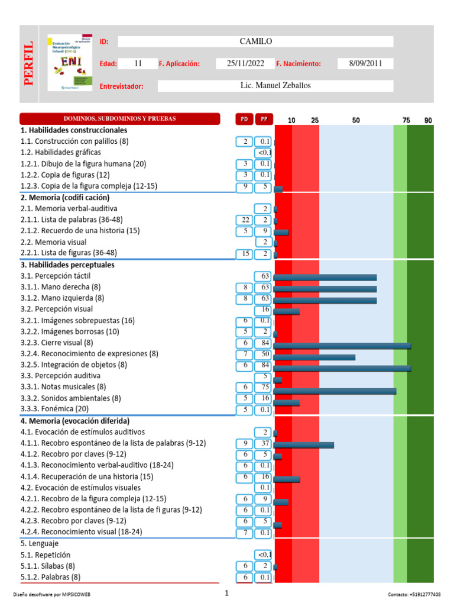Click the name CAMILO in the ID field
coord(255,41)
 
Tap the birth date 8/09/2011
coord(365,63)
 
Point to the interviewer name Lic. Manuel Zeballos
coord(275,86)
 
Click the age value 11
coord(138,63)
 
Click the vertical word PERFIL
coord(29,63)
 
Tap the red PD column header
coord(244,119)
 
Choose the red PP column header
coord(264,119)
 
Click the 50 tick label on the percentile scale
coord(356,120)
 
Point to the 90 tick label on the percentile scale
coord(428,120)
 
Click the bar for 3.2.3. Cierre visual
coord(342,346)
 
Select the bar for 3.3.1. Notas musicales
coord(335,391)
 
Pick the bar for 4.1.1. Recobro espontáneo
coord(304,445)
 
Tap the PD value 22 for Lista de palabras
coord(244,220)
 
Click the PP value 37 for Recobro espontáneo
coord(264,443)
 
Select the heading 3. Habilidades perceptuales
coord(67,265)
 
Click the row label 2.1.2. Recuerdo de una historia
coord(80,231)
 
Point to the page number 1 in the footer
coord(226,593)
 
